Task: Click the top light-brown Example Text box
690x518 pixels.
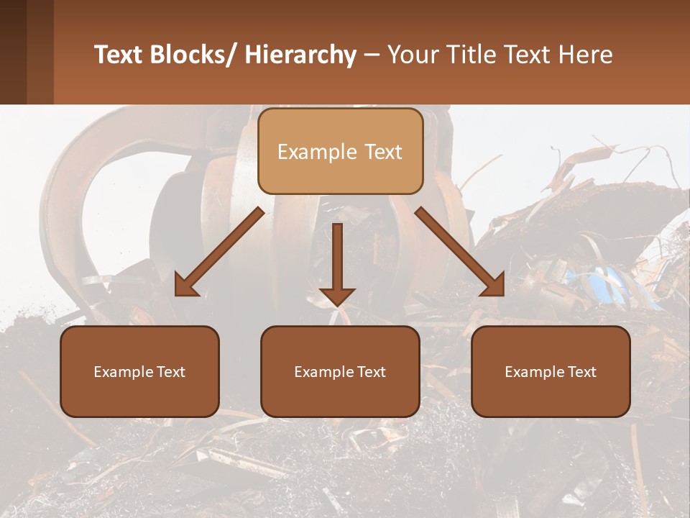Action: coord(340,151)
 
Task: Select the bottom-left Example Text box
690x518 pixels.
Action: coord(139,371)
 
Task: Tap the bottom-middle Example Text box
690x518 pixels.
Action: coord(340,371)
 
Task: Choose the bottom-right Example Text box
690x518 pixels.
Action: coord(551,371)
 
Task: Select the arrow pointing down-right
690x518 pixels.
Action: coord(460,253)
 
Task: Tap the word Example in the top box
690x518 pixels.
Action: coord(316,152)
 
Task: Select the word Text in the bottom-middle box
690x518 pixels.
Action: coord(371,372)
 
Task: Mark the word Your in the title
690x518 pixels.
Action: coord(413,55)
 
